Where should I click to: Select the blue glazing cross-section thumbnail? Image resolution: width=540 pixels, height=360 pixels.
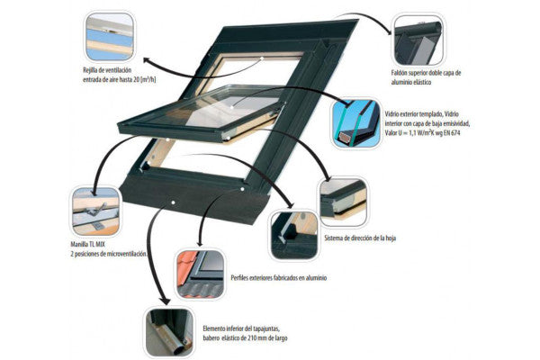pos(355,123)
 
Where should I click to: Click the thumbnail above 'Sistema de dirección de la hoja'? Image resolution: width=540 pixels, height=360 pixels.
pos(342,202)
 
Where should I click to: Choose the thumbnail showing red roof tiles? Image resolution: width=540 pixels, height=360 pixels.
pos(199,274)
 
